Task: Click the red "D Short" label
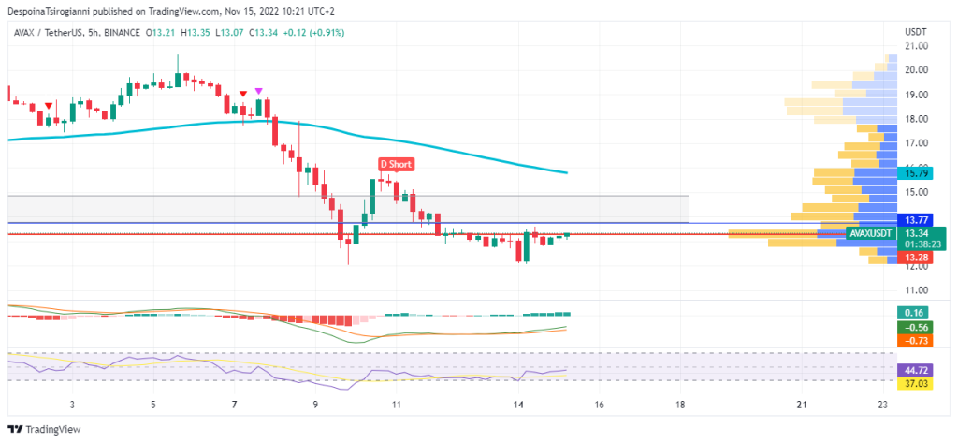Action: (x=396, y=164)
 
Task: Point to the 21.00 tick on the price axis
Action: (x=916, y=46)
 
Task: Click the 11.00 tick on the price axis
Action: (x=916, y=290)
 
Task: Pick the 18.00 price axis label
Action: (x=916, y=119)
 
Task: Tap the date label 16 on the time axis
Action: (x=599, y=406)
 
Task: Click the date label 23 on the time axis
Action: (x=882, y=406)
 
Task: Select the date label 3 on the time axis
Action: (x=72, y=406)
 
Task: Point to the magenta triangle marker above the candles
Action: (x=259, y=90)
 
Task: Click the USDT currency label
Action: (x=915, y=32)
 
